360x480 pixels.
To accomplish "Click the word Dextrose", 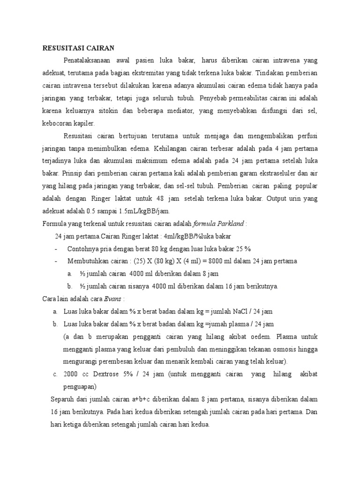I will pos(113,374).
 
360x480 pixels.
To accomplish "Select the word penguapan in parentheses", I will pos(79,387).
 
